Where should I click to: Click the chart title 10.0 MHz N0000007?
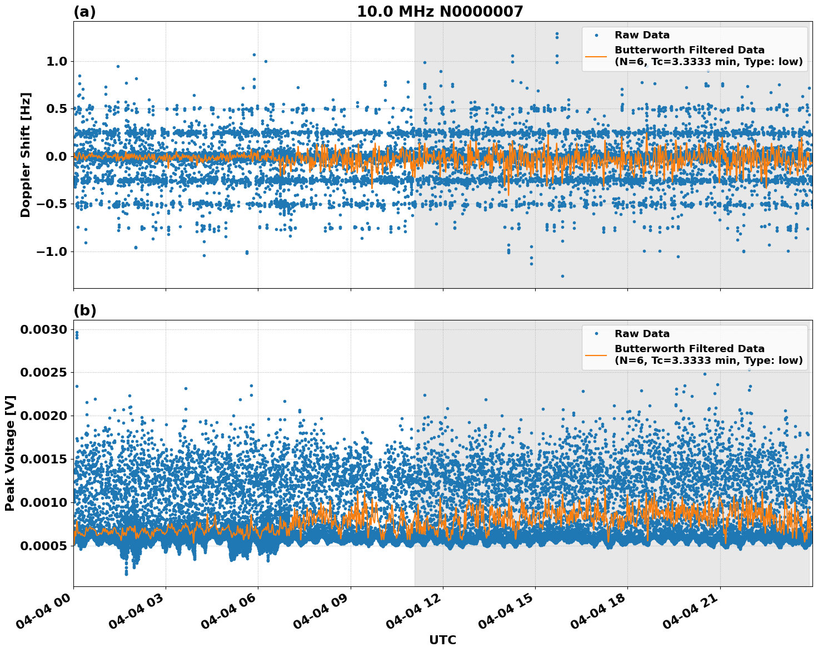click(x=440, y=12)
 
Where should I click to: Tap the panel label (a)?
click(x=84, y=12)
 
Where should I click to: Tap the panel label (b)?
click(x=84, y=310)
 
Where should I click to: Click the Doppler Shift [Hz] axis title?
click(x=26, y=155)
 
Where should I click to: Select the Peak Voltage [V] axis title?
click(x=9, y=453)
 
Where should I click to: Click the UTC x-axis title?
click(x=442, y=640)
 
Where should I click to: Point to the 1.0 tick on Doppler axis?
click(x=55, y=61)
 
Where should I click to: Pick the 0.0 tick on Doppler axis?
click(x=55, y=156)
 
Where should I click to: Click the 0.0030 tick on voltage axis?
click(x=43, y=330)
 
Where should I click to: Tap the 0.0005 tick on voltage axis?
click(x=43, y=546)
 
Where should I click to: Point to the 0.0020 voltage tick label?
click(x=43, y=416)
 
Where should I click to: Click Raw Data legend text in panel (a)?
click(x=642, y=35)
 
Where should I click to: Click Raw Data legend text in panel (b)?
click(x=642, y=334)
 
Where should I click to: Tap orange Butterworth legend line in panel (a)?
click(x=596, y=56)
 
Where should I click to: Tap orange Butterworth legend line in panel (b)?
click(x=596, y=355)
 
